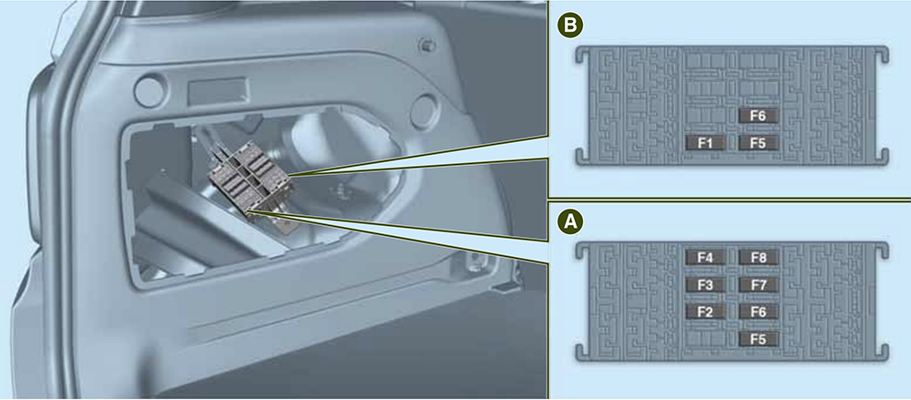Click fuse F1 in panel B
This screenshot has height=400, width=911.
coord(705,142)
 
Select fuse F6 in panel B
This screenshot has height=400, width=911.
coord(758,116)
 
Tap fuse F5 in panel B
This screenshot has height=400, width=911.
coord(758,142)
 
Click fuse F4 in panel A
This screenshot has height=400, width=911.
coord(705,258)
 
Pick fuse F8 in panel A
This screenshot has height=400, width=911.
coord(758,258)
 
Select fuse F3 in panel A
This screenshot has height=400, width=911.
coord(705,285)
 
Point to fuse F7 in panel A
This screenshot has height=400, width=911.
coord(758,285)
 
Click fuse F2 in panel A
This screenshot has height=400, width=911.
coord(705,312)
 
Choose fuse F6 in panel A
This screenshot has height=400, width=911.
coord(758,312)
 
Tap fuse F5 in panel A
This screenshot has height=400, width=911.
coord(758,339)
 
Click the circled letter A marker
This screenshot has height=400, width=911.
coord(570,221)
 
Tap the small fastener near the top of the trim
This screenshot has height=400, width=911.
coord(427,45)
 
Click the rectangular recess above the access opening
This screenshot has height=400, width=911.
coord(219,92)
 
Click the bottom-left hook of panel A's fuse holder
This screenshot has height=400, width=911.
coord(582,351)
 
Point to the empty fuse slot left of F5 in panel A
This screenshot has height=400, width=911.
coord(705,339)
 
